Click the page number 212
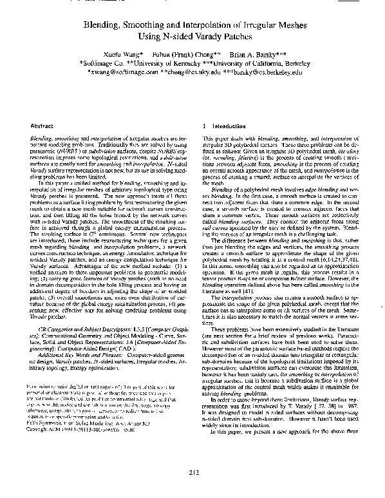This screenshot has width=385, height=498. [x=192, y=472]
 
